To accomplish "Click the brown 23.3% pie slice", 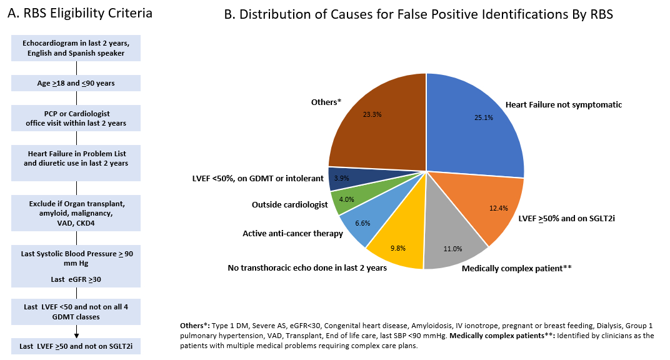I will pyautogui.click(x=375, y=122).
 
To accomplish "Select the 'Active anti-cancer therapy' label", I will pyautogui.click(x=292, y=234).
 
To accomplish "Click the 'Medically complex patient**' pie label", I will pyautogui.click(x=517, y=268).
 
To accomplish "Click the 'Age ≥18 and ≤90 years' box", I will pyautogui.click(x=76, y=82).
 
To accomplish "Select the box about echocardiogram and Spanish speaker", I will pyautogui.click(x=76, y=47).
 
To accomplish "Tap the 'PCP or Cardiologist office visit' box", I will pyautogui.click(x=76, y=119).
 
